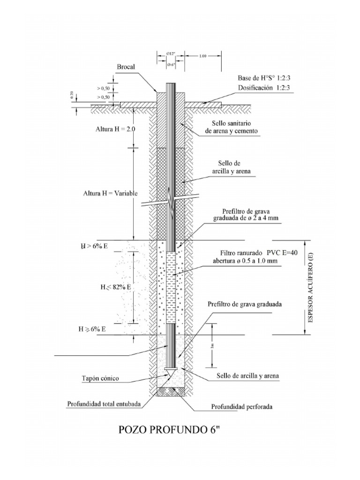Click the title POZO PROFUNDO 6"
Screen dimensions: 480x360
coord(170,430)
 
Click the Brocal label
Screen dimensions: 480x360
coord(126,67)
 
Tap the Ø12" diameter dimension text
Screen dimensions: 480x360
coord(171,55)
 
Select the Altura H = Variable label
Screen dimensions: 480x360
coord(106,193)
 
